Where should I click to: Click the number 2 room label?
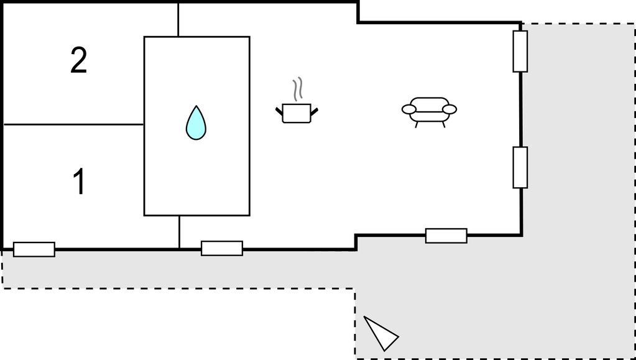point(79,60)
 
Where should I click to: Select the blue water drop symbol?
point(196,122)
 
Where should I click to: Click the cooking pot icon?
point(297,113)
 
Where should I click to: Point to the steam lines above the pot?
point(298,89)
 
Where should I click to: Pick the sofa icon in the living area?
point(429,112)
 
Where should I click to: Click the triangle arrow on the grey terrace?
point(381,333)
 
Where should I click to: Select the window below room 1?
point(34,249)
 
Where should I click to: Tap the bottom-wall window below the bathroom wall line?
point(222,248)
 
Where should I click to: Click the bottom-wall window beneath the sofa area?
point(446,236)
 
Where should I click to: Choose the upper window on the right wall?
point(520,52)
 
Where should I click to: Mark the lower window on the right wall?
point(520,168)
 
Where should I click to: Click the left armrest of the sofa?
point(409,109)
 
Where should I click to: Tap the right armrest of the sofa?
point(449,109)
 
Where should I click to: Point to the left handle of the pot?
point(279,111)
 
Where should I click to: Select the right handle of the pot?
point(314,111)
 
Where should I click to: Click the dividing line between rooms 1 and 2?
point(73,124)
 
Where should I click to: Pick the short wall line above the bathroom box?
point(178,20)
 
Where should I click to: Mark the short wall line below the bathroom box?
point(179,231)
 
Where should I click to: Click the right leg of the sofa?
point(443,124)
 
